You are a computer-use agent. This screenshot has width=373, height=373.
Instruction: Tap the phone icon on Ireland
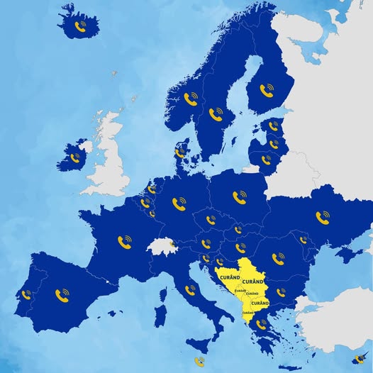pos(75,157)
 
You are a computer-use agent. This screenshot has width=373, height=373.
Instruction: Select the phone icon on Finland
pos(267,89)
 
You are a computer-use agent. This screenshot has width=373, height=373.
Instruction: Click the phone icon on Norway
pos(190,99)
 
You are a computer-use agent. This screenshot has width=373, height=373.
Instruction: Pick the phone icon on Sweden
pos(216,114)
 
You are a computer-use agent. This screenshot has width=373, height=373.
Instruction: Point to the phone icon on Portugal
pos(27,294)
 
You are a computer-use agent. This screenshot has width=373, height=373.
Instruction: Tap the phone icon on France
pos(125,243)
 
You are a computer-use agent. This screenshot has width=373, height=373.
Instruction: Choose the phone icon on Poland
pos(240,196)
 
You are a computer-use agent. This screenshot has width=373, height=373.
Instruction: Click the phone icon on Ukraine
pos(323,216)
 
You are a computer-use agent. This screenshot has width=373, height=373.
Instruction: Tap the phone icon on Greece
pos(262,324)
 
